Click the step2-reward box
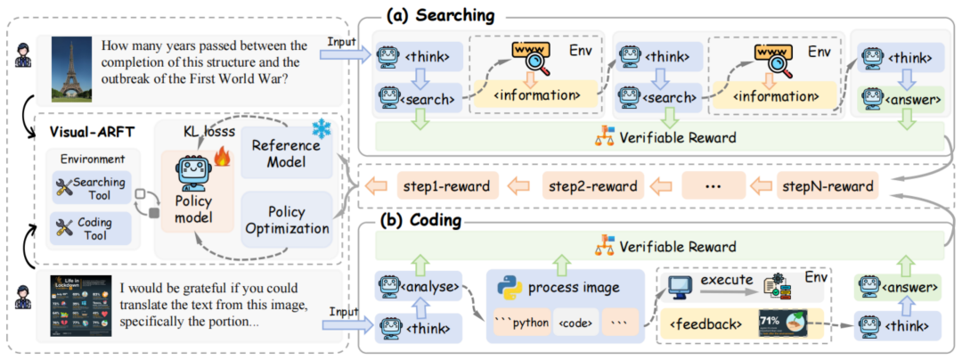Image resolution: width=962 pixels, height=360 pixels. click(x=593, y=186)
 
